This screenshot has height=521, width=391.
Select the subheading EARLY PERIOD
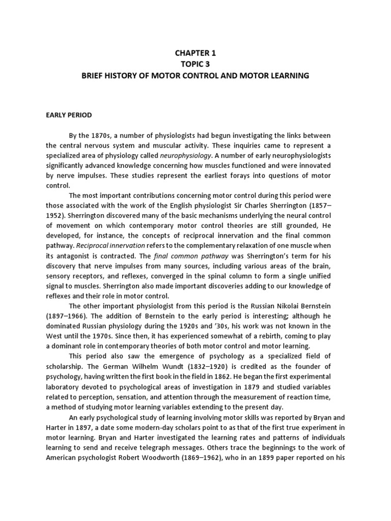click(69, 115)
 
